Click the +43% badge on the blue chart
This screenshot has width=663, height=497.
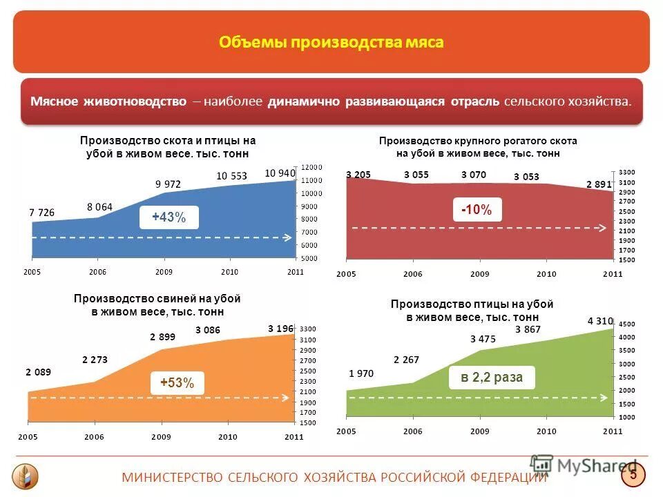click(x=169, y=217)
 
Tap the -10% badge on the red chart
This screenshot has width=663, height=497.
click(x=477, y=210)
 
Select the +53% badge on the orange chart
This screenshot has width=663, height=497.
click(x=177, y=382)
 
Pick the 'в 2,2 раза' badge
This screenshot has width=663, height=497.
click(x=492, y=378)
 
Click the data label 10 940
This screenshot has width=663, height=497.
click(x=280, y=173)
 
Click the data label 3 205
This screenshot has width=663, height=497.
click(x=358, y=175)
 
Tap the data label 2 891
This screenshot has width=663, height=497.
click(x=599, y=184)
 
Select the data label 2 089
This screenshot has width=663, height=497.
click(x=39, y=372)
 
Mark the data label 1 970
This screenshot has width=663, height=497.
click(x=361, y=373)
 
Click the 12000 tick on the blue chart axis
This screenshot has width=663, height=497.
click(x=311, y=167)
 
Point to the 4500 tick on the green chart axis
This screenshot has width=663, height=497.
click(x=626, y=324)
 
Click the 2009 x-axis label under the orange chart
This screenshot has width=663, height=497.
click(x=161, y=437)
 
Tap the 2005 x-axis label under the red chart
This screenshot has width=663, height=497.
click(x=346, y=274)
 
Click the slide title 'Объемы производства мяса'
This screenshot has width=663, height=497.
click(x=331, y=43)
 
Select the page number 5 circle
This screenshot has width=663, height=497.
click(x=633, y=475)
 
